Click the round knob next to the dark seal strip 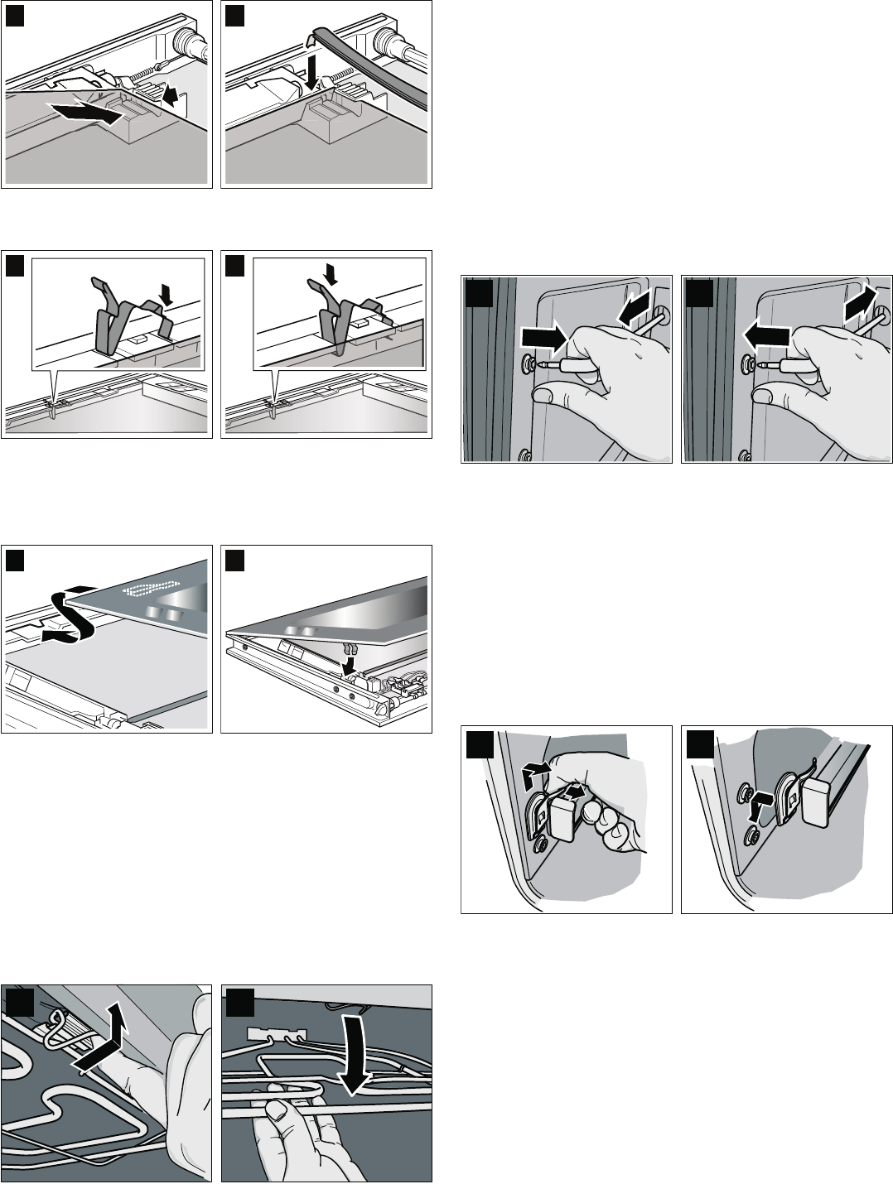387,39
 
